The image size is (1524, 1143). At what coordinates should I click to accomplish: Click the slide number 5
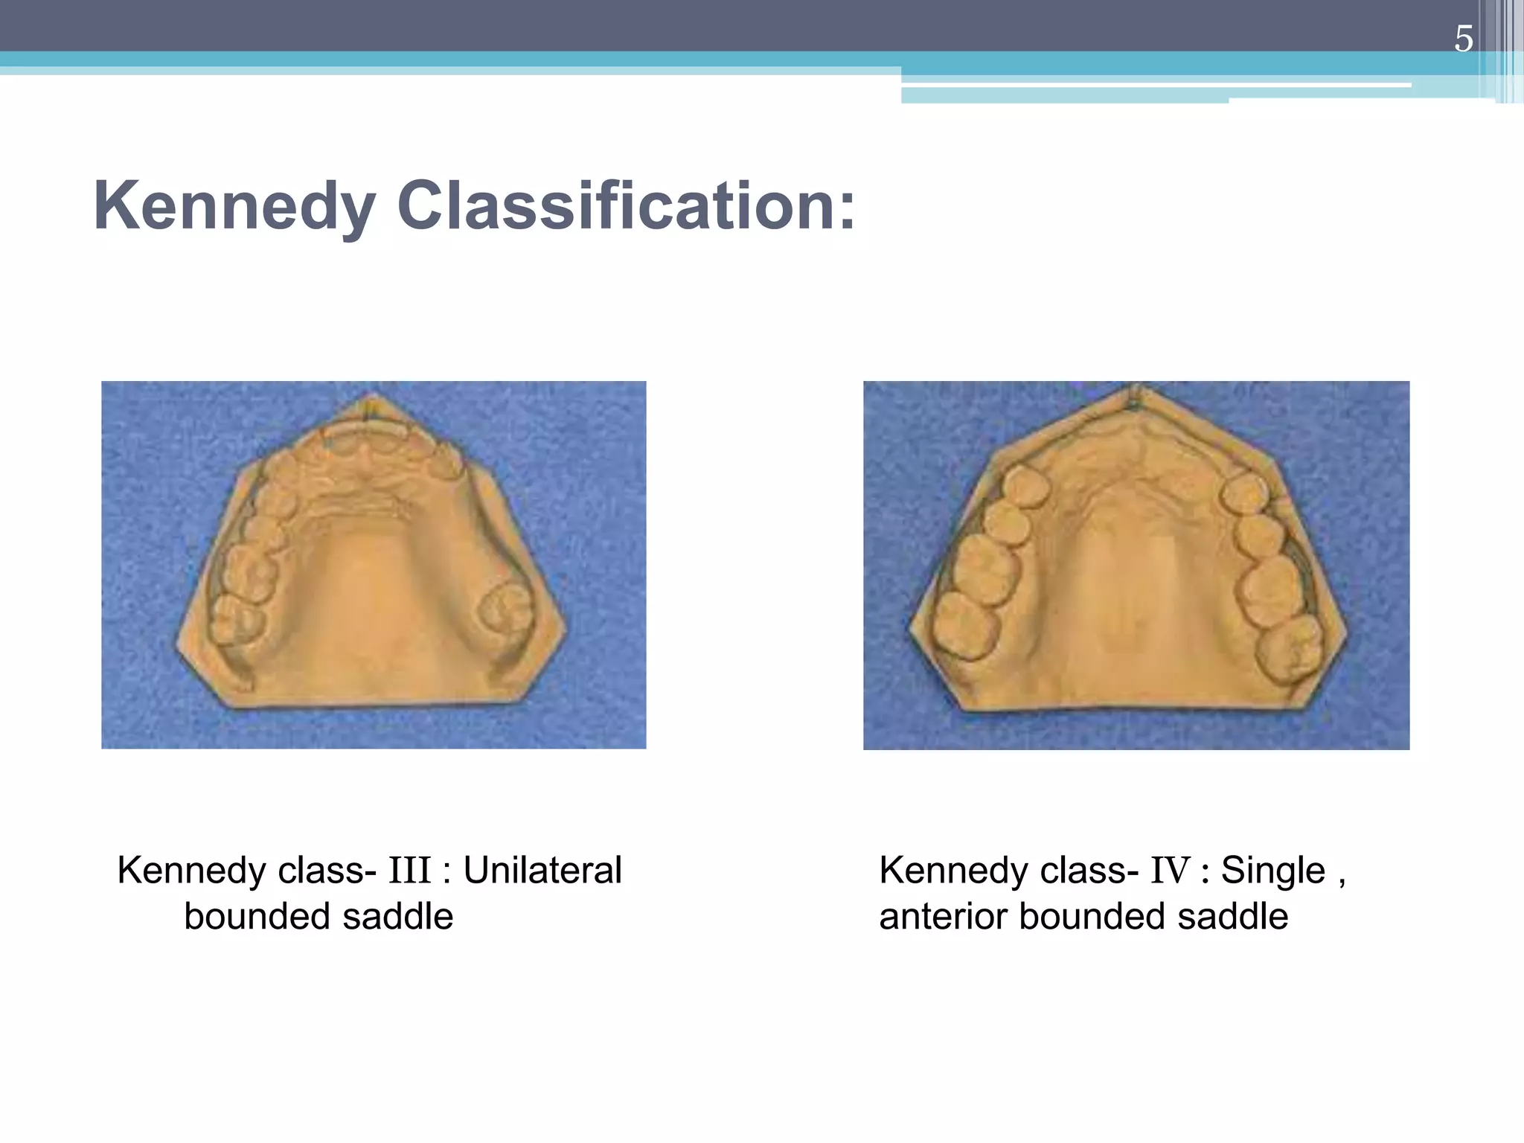point(1463,39)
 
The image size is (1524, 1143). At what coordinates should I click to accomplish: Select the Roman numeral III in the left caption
point(409,871)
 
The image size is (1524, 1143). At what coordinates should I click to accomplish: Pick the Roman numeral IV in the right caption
point(1171,871)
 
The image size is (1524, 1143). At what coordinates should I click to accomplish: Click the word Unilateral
point(542,871)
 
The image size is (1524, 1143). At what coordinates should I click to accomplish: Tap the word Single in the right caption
point(1273,871)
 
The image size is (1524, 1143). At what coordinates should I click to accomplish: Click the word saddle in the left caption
point(398,916)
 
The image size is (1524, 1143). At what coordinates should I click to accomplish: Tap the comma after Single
point(1342,882)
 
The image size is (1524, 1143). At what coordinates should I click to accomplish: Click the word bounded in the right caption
point(1092,916)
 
